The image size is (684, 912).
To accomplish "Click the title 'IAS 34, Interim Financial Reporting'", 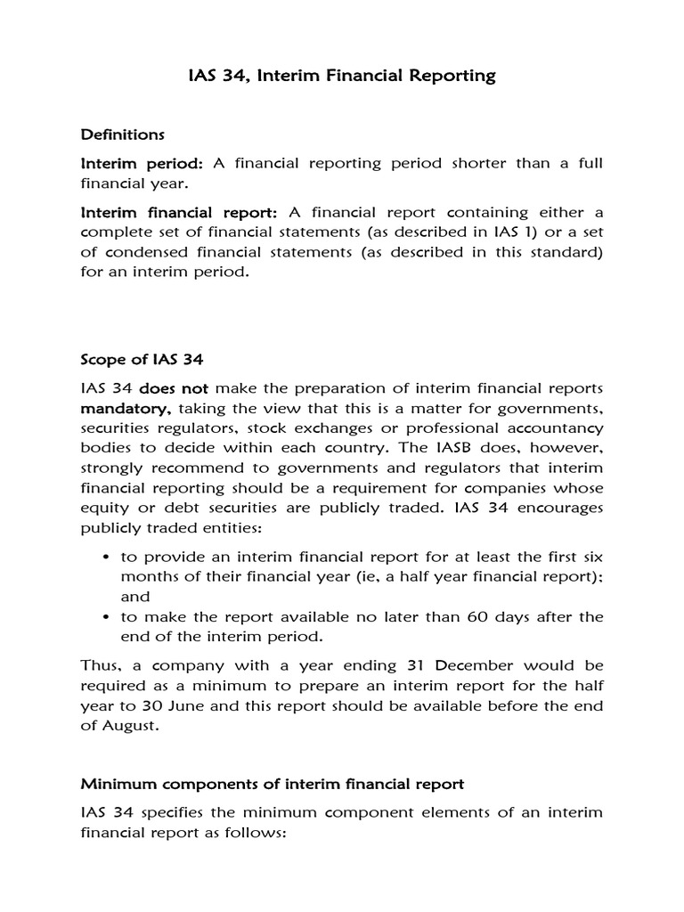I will click(342, 76).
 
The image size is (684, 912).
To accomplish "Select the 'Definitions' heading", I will click(123, 134).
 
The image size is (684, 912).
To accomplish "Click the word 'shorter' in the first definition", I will click(462, 164).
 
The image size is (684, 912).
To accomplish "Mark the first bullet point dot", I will click(107, 556).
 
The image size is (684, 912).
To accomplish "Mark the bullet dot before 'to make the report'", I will click(107, 617).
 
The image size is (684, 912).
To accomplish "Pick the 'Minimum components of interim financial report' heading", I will click(273, 784).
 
